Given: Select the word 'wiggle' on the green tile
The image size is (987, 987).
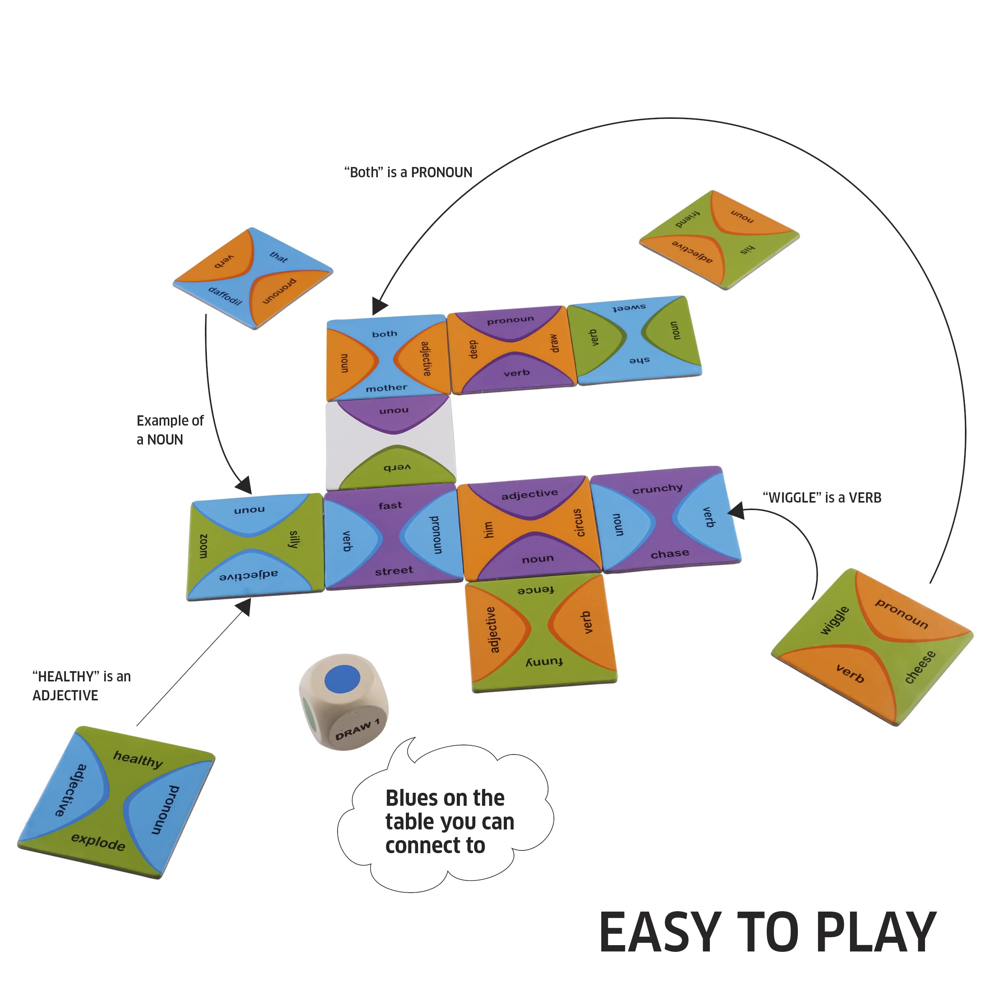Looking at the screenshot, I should click(834, 620).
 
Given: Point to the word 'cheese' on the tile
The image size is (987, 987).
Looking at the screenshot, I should click(919, 667).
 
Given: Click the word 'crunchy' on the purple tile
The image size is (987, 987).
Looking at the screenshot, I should click(657, 488).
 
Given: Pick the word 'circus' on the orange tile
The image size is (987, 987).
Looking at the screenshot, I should click(578, 523).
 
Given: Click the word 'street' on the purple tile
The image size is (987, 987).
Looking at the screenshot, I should click(394, 570).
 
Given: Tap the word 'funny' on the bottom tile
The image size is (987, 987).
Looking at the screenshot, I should click(544, 662).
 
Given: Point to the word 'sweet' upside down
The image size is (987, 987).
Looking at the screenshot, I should click(629, 308).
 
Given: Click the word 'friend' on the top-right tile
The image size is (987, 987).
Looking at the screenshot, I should click(688, 219).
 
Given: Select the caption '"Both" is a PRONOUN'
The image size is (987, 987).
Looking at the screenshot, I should click(408, 173).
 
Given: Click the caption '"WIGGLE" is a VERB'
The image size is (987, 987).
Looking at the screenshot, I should click(822, 497).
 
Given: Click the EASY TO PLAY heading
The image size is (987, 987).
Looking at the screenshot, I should click(768, 933).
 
